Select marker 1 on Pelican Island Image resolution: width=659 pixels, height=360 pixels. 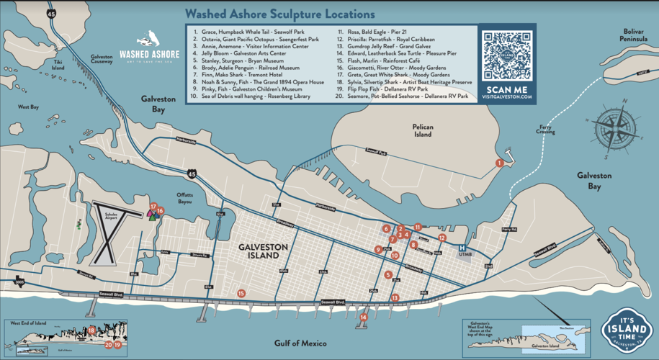point(499,163)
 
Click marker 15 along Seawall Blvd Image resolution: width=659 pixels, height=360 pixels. point(241,293)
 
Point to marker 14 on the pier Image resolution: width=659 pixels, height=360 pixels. point(364,317)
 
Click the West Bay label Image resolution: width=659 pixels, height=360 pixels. point(28,107)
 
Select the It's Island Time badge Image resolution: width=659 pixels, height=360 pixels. point(625,332)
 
